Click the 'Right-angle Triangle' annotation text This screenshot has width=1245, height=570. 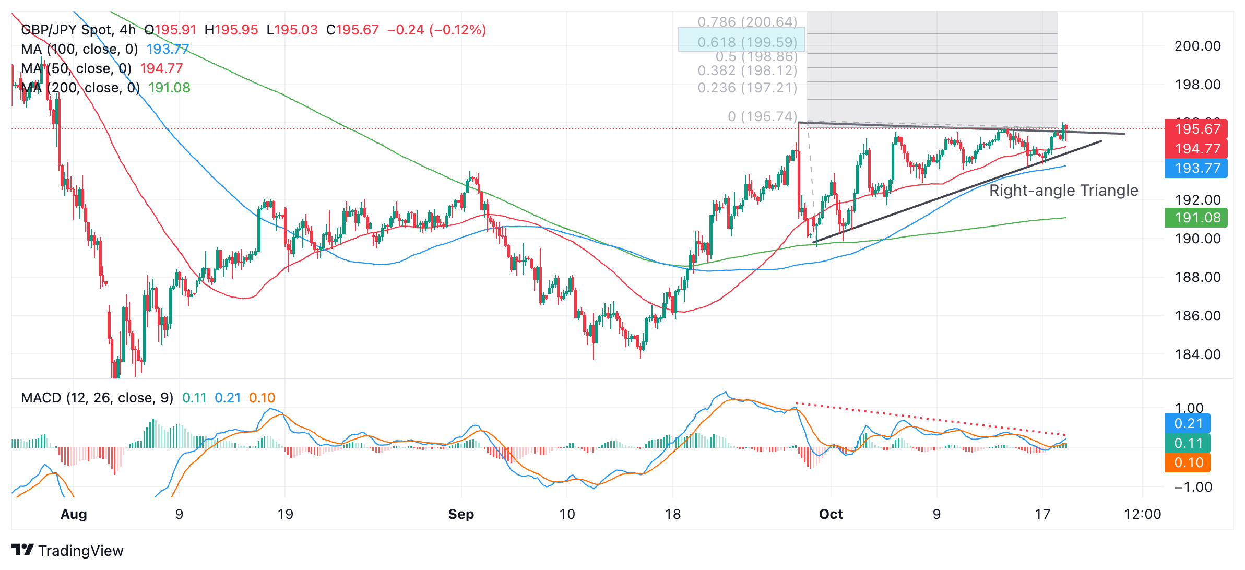(1063, 191)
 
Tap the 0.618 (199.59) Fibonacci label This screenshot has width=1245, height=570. (747, 42)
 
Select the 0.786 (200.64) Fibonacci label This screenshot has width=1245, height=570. (747, 22)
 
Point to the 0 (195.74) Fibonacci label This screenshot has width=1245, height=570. (762, 116)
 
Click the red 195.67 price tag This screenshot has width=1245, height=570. (1197, 129)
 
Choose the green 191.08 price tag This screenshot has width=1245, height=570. (1197, 218)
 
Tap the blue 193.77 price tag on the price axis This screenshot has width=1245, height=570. (1197, 168)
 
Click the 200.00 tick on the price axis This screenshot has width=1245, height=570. (1197, 46)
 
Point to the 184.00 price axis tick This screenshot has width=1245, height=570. (1197, 354)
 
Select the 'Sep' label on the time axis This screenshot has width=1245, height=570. (461, 514)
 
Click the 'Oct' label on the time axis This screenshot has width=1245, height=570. (831, 514)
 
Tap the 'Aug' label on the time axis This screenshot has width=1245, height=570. (74, 514)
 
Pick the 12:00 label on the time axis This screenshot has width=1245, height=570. (1142, 514)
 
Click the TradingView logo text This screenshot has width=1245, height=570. (80, 551)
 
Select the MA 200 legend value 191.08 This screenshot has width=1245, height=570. (170, 88)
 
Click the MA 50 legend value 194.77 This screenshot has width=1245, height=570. (161, 68)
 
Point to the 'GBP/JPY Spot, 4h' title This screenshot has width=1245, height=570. (78, 30)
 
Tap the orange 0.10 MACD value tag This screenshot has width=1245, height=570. (1188, 462)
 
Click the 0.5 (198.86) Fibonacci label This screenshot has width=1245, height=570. (756, 56)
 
